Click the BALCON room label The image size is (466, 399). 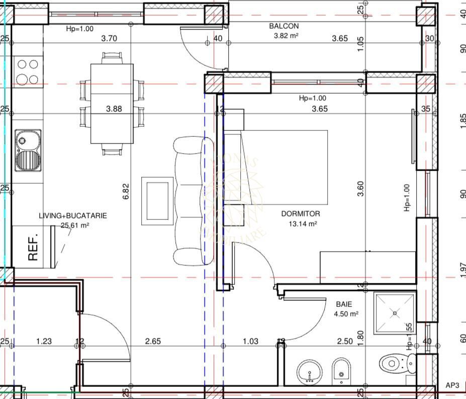(x=284, y=26)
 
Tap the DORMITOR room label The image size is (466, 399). (x=300, y=214)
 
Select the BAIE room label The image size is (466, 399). (x=344, y=304)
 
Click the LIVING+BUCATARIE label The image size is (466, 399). (x=73, y=215)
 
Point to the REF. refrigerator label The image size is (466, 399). (x=33, y=248)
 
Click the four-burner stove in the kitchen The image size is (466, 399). (x=27, y=71)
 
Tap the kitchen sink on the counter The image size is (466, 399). (x=28, y=150)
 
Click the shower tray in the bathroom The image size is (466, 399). (x=395, y=313)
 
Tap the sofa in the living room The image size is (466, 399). (x=189, y=201)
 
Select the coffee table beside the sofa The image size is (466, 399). (x=157, y=201)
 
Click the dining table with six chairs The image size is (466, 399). (x=112, y=103)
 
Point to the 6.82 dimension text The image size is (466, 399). (x=126, y=192)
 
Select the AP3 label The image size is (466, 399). (x=452, y=385)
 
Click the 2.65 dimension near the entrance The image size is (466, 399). (x=153, y=341)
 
